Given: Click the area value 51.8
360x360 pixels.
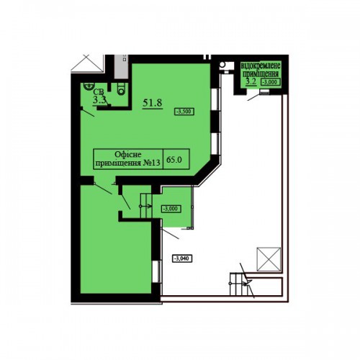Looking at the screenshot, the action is tap(153, 103).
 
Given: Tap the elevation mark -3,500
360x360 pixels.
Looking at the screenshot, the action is tap(184, 112).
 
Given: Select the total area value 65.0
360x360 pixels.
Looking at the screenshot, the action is tap(174, 159).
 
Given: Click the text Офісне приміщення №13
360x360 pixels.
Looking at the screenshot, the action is tap(127, 158).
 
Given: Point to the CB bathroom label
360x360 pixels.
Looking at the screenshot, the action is tap(99, 92).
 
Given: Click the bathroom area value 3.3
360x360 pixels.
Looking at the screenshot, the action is tap(99, 100).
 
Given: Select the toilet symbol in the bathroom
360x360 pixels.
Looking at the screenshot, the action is tap(121, 89).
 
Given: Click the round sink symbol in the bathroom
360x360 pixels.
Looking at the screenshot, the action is tap(89, 86).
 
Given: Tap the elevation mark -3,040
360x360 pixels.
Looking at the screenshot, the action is tap(182, 258).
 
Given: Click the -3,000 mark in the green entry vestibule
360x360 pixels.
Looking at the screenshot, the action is tap(171, 209).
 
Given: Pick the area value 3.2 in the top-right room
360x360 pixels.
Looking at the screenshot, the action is tap(251, 81).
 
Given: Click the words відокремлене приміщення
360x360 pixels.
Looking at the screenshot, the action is tap(261, 69).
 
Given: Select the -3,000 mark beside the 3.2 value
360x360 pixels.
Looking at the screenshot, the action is tap(271, 82).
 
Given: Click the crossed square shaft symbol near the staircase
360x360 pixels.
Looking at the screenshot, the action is tap(269, 259).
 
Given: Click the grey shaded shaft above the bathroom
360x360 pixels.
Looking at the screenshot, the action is tap(121, 66).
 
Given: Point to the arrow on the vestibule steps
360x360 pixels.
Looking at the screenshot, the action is tap(145, 206).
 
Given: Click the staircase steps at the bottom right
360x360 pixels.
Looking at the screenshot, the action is tap(238, 284).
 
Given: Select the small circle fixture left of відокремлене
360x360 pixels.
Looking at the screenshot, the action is tap(222, 64).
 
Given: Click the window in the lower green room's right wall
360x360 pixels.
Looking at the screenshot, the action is tap(157, 271).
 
